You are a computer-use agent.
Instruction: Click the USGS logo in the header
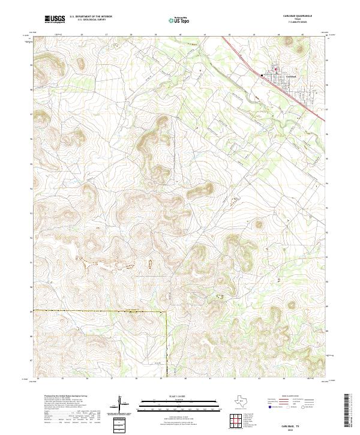tap(55, 19)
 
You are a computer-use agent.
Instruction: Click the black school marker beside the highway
tap(262, 74)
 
